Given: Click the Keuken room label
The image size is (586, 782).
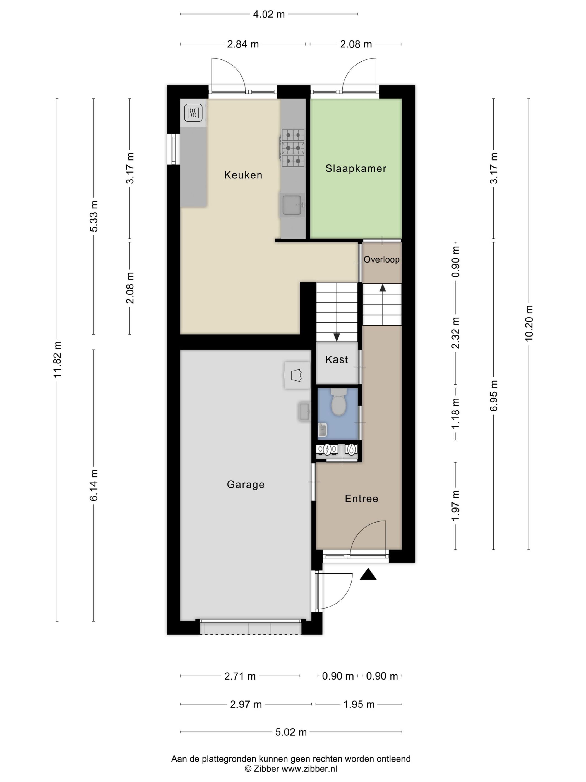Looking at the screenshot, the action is tap(243, 175).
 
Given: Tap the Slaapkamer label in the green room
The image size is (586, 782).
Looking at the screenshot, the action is tap(356, 168).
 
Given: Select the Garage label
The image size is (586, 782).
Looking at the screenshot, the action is tap(246, 484).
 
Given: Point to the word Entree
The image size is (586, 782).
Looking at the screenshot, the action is tap(361, 499).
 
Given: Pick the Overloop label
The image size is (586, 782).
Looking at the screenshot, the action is tap(381, 259).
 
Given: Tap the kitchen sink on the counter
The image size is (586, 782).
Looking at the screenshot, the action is tap(292, 205).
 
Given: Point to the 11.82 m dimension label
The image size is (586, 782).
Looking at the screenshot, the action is tap(57, 359).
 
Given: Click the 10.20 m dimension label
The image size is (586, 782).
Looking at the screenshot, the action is tap(529, 323).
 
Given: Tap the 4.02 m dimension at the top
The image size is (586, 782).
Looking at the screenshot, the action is tap(269, 14).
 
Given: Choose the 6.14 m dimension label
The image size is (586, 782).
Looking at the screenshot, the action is tap(93, 485).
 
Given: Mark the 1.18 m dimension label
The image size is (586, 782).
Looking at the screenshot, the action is tap(455, 413).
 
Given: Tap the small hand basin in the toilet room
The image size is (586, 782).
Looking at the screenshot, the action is tap(322, 430).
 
